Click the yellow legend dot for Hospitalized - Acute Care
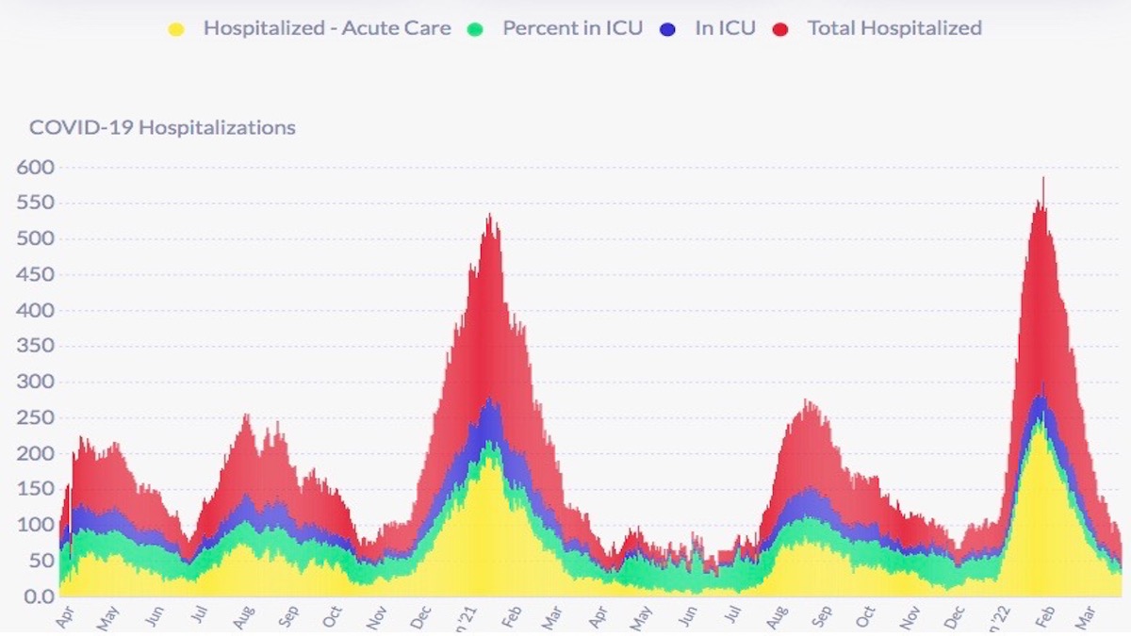click(175, 29)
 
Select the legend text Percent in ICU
click(572, 28)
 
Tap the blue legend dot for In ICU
click(668, 29)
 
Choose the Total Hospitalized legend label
click(894, 28)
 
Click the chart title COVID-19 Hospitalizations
click(162, 127)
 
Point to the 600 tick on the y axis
click(36, 168)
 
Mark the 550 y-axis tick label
click(36, 204)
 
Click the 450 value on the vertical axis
click(36, 275)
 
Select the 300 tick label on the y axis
click(36, 383)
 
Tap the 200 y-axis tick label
click(36, 454)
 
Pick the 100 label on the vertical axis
click(36, 526)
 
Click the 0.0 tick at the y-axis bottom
click(36, 596)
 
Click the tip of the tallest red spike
click(1042, 178)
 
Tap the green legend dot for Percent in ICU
click(475, 29)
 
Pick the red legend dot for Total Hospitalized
click(780, 29)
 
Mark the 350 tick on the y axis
click(36, 347)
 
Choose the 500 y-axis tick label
click(36, 239)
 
